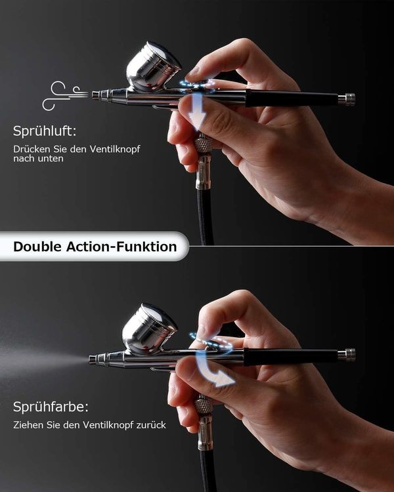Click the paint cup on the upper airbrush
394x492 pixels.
coord(153,67)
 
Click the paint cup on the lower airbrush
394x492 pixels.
coord(149,329)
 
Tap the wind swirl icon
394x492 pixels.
coord(65,95)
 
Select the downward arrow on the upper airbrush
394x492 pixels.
coord(197,112)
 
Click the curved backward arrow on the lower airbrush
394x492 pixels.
coord(213,370)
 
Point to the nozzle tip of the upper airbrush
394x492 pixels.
coord(93,94)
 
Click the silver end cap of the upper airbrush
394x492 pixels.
coord(347,99)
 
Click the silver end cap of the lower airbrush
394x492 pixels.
coord(347,354)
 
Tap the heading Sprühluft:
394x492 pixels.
coord(45,131)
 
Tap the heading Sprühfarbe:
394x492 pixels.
coord(51,407)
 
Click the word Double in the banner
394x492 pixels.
coord(37,247)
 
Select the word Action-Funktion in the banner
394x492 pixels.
coord(121,247)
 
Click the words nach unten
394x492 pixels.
coord(38,159)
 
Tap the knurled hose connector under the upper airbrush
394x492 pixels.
coord(204,144)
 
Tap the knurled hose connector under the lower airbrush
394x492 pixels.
coord(204,405)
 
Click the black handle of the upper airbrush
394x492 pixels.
coord(292,98)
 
